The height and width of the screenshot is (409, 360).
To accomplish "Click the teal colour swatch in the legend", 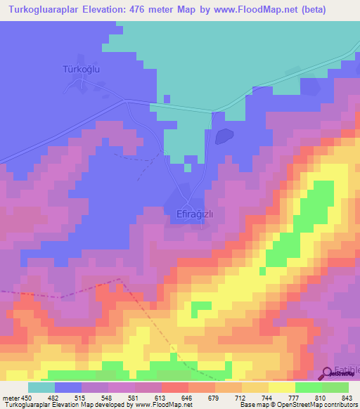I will [41, 388].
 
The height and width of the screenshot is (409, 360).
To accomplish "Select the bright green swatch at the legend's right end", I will [335, 388].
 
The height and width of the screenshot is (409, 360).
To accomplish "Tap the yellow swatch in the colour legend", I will [282, 388].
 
